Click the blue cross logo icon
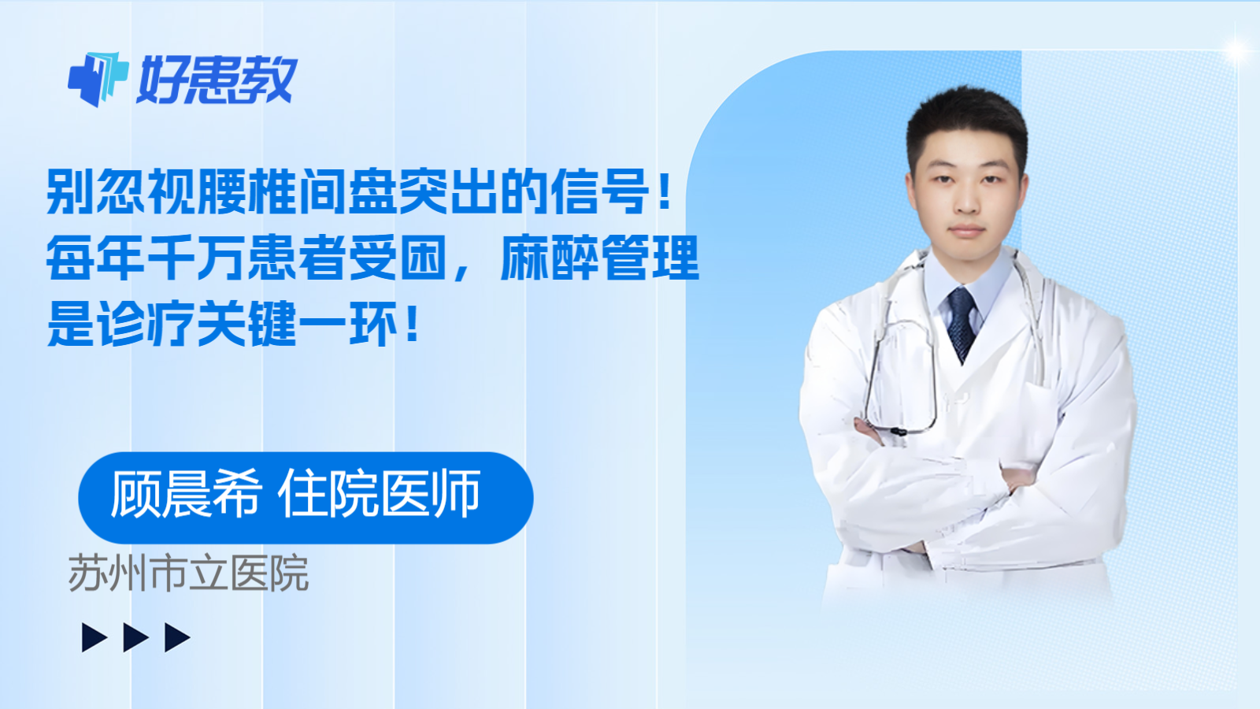click(98, 79)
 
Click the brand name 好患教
click(217, 80)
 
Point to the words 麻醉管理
click(600, 258)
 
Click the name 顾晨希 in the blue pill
click(186, 494)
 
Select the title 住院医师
click(379, 494)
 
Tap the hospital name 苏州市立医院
click(188, 574)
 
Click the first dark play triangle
click(94, 637)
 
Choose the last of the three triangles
click(177, 637)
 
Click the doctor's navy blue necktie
click(962, 324)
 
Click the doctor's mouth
click(967, 232)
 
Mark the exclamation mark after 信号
click(665, 192)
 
